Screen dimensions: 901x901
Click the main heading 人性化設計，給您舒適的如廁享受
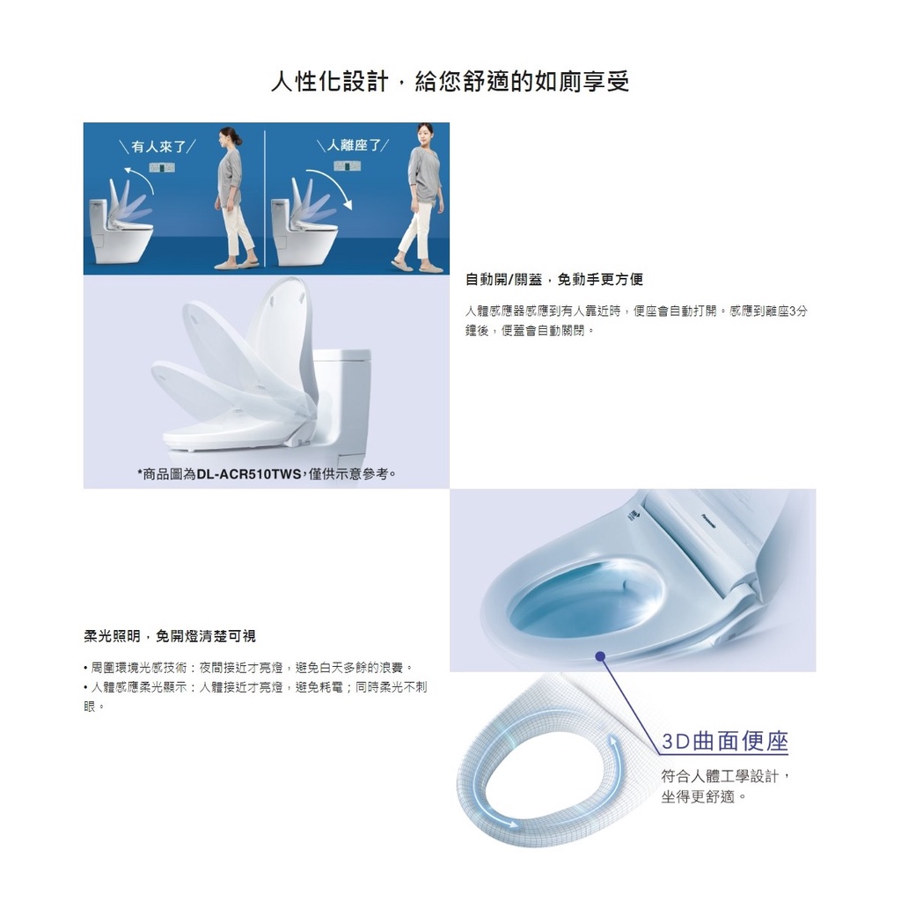tap(450, 81)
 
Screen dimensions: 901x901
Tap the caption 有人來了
tap(158, 147)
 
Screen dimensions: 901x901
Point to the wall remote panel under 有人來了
tap(162, 168)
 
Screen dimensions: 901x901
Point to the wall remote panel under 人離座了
tap(347, 166)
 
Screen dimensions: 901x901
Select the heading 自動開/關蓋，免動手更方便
tap(554, 279)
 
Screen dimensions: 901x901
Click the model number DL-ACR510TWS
tap(249, 474)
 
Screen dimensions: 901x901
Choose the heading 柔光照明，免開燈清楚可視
tap(170, 636)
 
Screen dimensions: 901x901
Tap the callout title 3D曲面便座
tap(725, 741)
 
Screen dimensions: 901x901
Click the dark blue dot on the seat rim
tap(600, 656)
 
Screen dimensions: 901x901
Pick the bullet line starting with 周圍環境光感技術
tap(248, 668)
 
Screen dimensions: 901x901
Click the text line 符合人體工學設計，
tap(726, 776)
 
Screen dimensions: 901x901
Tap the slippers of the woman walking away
tap(417, 266)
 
